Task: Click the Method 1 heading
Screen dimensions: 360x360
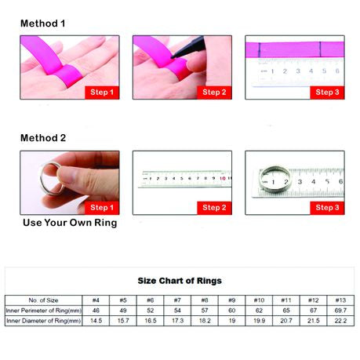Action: coord(42,24)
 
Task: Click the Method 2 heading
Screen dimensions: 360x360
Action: coord(43,138)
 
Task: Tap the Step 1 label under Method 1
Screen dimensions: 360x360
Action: coord(102,93)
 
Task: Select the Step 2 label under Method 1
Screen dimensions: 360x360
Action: coord(214,93)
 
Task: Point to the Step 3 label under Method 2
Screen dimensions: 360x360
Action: coord(327,208)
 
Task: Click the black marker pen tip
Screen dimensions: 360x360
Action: coord(172,56)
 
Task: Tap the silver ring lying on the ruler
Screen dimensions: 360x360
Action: coord(275,180)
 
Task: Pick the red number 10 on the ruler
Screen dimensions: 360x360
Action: coord(223,178)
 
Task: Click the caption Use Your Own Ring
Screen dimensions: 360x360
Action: coord(70,223)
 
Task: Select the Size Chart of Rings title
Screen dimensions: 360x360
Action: coord(180,281)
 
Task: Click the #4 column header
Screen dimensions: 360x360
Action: coord(96,300)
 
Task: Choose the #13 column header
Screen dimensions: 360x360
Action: coord(340,300)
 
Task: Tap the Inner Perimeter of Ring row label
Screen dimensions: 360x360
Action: coord(43,311)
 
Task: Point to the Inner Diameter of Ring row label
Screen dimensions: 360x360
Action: coord(43,321)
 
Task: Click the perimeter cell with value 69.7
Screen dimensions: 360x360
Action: coord(340,311)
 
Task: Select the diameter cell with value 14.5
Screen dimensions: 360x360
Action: coord(96,321)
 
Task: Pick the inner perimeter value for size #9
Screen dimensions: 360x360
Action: coord(232,311)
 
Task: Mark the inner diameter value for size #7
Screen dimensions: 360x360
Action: coord(177,321)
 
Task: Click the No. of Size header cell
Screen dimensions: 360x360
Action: coord(43,300)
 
